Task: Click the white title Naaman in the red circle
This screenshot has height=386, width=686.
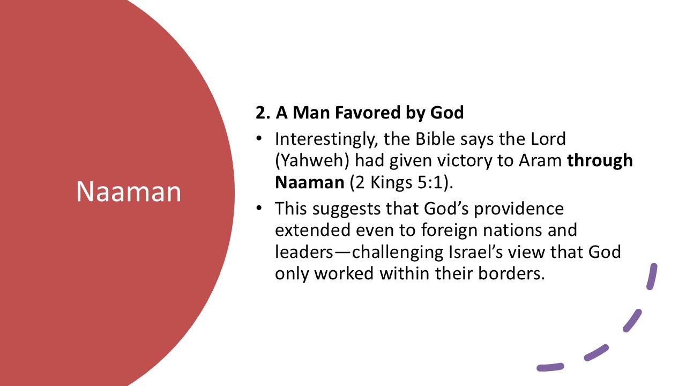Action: point(129,191)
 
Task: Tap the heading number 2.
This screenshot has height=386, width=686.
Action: point(261,113)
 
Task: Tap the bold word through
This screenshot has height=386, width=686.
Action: point(600,160)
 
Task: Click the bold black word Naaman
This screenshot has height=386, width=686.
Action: point(309,182)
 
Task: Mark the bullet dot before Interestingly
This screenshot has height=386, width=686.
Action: point(259,139)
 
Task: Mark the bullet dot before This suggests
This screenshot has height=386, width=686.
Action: point(259,208)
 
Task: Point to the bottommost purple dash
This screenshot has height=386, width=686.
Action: point(550,367)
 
